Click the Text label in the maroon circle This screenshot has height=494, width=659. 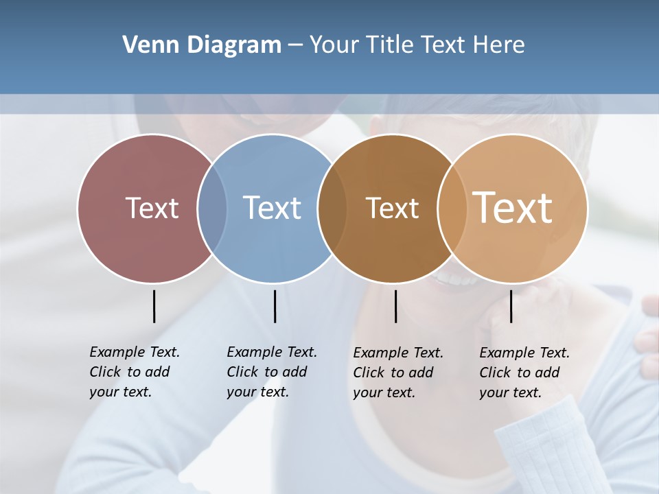click(152, 208)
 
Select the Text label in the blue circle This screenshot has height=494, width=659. click(272, 208)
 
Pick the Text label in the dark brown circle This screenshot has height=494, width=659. click(392, 209)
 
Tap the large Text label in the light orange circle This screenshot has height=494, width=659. click(513, 207)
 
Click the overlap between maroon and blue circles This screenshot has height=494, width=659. click(212, 209)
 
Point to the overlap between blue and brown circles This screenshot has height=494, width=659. click(332, 209)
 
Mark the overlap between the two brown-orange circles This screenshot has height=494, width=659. click(452, 209)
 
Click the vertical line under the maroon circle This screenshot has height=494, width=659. click(154, 306)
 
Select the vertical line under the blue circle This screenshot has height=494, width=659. click(275, 306)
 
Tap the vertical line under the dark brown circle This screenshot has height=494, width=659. click(395, 306)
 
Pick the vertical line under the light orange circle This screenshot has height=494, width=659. click(511, 306)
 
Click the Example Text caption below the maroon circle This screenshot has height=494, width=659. click(134, 372)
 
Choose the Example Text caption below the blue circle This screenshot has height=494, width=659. click(271, 372)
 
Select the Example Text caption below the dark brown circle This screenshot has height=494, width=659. click(397, 373)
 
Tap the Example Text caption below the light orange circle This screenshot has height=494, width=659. click(524, 373)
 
